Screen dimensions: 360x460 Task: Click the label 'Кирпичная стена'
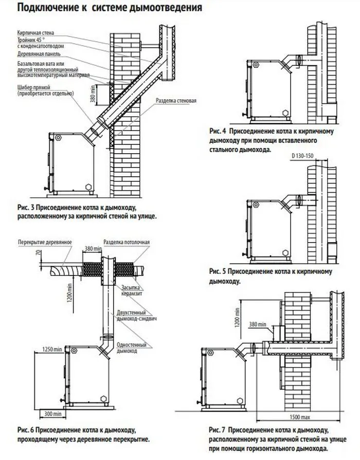click(x=35, y=33)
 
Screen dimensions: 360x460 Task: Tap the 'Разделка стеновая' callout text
click(x=176, y=101)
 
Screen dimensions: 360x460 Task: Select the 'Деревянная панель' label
click(x=39, y=54)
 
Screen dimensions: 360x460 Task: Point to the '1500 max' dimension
click(x=300, y=417)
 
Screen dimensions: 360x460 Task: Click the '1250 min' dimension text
click(x=52, y=349)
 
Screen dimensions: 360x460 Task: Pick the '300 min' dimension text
click(x=53, y=414)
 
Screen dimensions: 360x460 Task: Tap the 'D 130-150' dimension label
click(x=302, y=156)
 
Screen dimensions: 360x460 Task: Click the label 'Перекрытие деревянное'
click(x=45, y=242)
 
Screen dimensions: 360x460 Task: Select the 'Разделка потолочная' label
click(x=127, y=242)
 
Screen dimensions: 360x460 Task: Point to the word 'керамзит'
click(x=132, y=293)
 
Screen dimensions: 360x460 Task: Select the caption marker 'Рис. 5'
click(x=218, y=271)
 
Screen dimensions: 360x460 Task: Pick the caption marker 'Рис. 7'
click(x=218, y=430)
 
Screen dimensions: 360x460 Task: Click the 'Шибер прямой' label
click(x=34, y=87)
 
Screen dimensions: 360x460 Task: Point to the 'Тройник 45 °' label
click(x=31, y=40)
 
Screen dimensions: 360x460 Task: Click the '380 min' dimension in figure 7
click(x=258, y=324)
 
